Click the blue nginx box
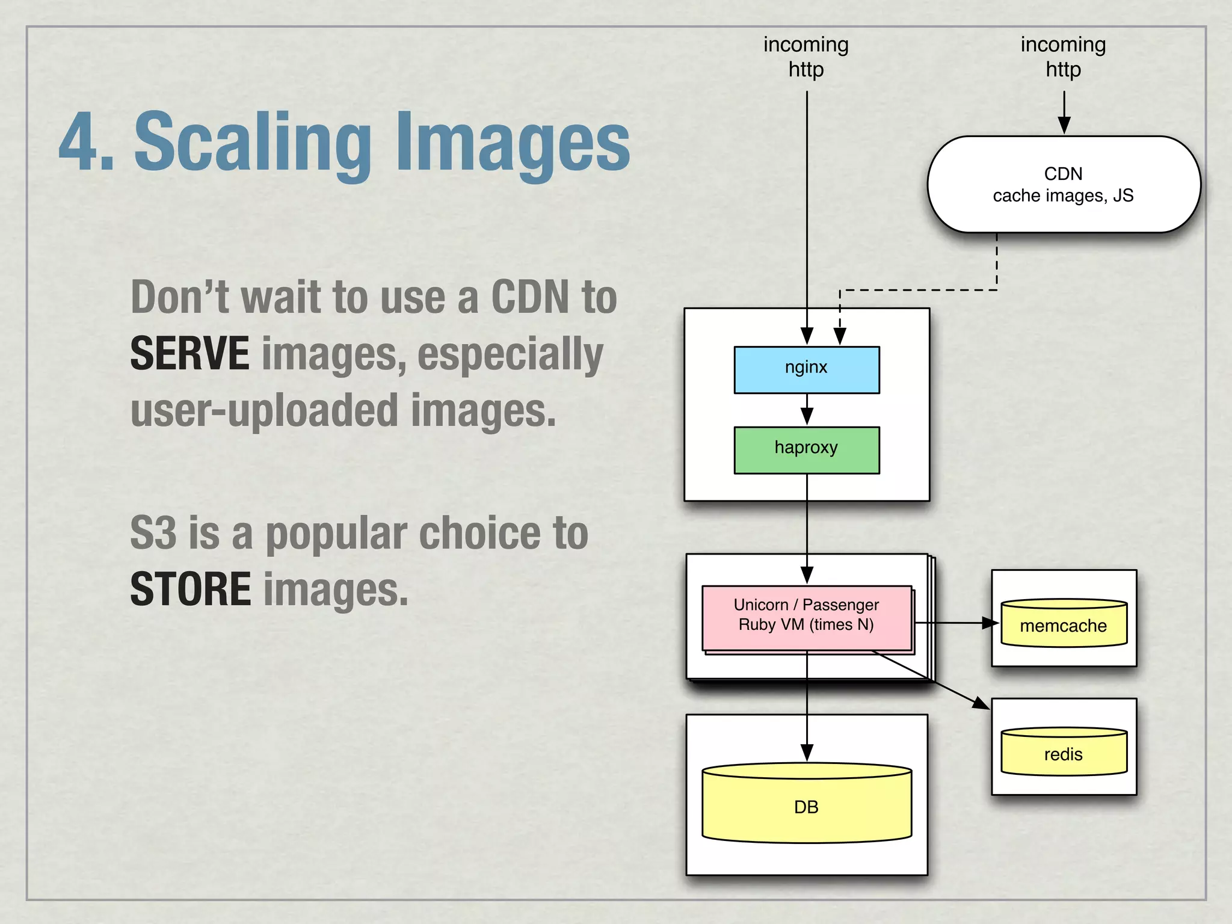click(806, 369)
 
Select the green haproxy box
click(806, 450)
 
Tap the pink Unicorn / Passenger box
click(806, 617)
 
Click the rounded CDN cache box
click(1063, 184)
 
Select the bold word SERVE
click(189, 354)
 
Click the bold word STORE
click(190, 589)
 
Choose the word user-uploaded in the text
click(264, 411)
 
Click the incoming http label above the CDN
click(1063, 57)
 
